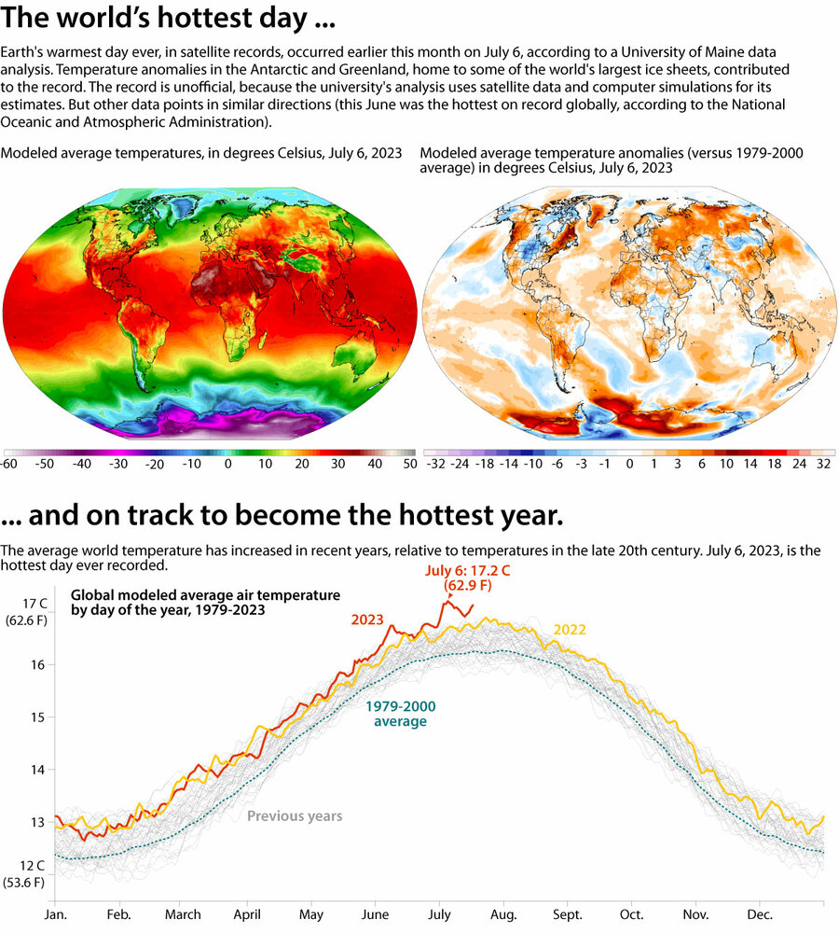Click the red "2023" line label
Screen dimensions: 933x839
(368, 619)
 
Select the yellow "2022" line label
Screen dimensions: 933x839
(570, 630)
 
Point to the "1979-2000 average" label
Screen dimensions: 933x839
(401, 714)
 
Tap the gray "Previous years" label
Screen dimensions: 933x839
(295, 816)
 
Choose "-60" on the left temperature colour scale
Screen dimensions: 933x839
(10, 463)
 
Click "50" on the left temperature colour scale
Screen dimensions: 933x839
(408, 463)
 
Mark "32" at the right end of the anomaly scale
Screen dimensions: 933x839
(823, 463)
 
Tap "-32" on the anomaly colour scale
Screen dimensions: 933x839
(434, 463)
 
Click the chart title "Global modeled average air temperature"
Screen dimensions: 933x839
(205, 594)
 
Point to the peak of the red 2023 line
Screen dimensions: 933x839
(447, 602)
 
